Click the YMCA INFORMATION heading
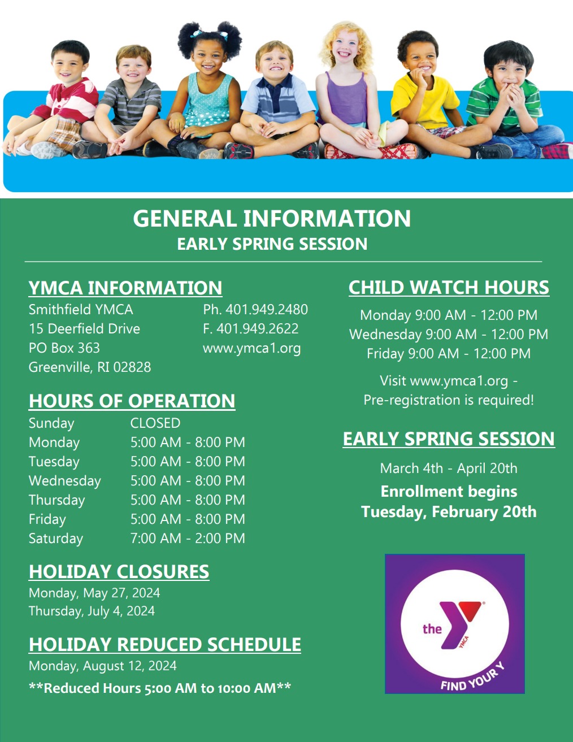pos(125,288)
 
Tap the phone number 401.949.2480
pos(255,310)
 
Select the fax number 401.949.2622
pos(251,329)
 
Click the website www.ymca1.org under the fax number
pos(251,348)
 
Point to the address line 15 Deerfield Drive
pos(84,329)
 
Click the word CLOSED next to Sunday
pos(155,423)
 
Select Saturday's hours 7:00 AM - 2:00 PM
pos(188,539)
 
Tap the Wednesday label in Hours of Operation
pos(65,481)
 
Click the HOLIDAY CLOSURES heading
pos(119,571)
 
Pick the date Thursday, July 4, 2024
pos(92,611)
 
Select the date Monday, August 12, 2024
pos(102,666)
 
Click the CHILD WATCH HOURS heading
pos(449,288)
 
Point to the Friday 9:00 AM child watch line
pos(449,354)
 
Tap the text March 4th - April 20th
pos(449,468)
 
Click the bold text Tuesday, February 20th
pos(449,512)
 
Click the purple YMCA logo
pos(454,623)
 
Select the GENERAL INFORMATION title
pos(272,219)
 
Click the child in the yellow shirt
pos(425,96)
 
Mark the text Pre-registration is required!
pos(449,400)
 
